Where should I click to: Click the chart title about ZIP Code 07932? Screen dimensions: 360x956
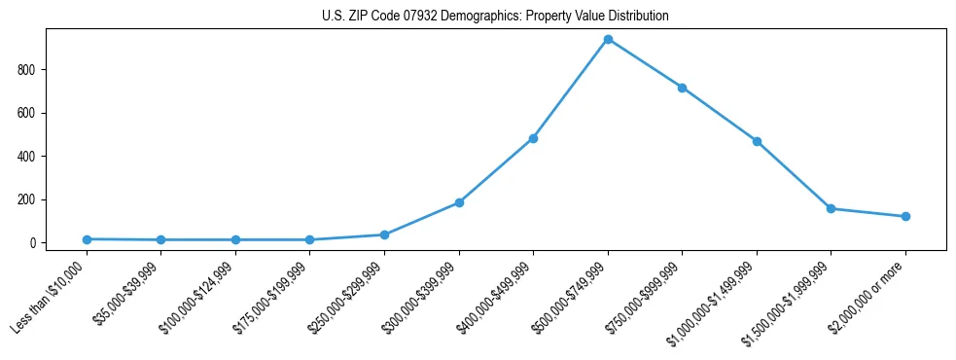click(x=495, y=17)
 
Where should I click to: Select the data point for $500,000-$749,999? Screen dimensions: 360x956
click(x=608, y=39)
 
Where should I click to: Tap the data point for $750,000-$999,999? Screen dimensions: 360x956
click(x=682, y=88)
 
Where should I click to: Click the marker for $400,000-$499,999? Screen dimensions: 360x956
click(x=533, y=138)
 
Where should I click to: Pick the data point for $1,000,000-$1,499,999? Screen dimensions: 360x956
click(x=757, y=141)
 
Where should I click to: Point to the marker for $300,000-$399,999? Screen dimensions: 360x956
click(x=459, y=202)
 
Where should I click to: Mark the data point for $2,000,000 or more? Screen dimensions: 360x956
click(x=905, y=216)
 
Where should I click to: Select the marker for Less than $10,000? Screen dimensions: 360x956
click(x=87, y=239)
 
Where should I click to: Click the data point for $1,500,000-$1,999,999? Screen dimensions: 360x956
click(x=831, y=208)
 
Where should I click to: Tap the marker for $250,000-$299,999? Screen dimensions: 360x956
click(x=384, y=234)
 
